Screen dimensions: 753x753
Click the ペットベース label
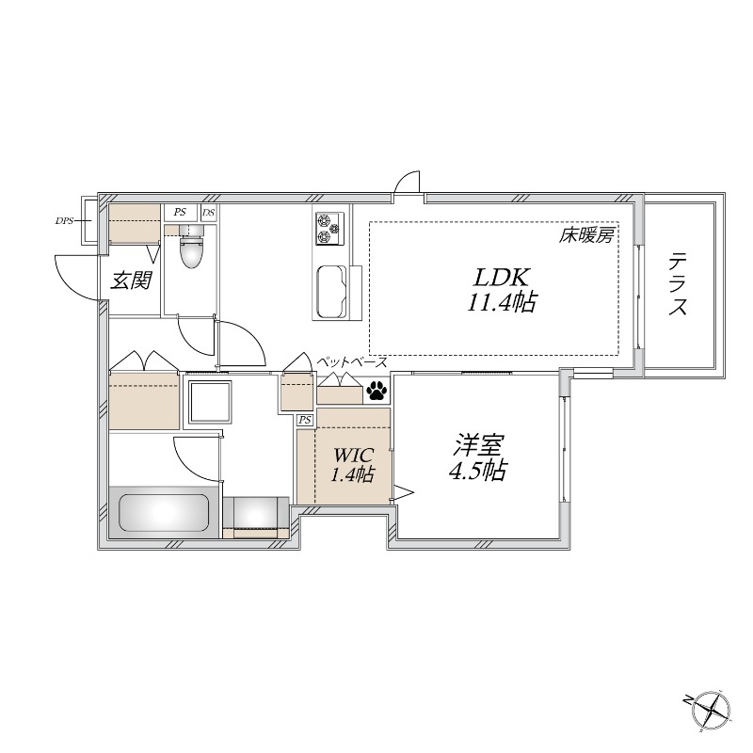351,361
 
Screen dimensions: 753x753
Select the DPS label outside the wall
65,221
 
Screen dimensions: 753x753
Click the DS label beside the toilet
208,213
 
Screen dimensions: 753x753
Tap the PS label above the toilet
179,213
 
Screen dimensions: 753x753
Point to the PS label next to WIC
305,420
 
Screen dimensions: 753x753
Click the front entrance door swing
77,276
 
